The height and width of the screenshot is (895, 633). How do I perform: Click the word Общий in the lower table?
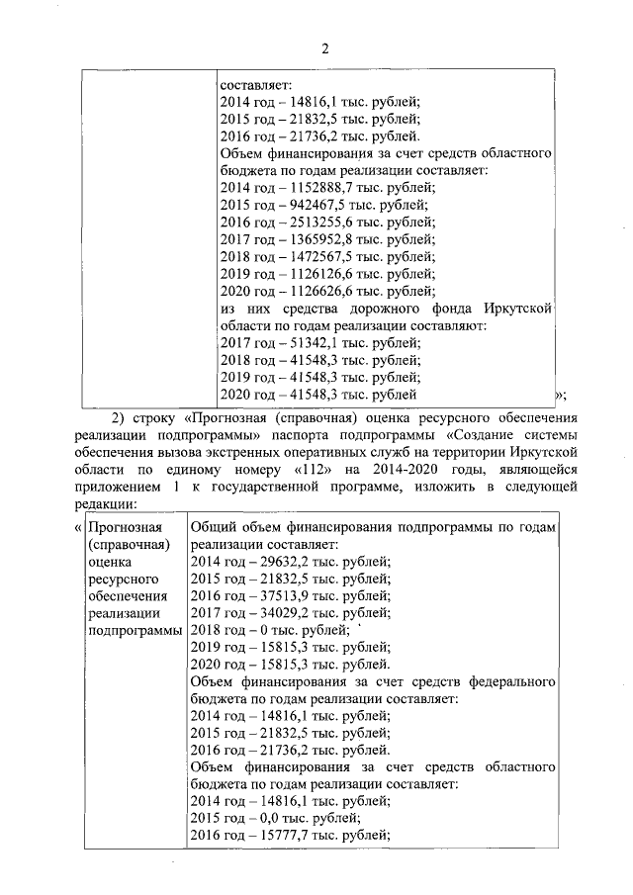coord(212,527)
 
